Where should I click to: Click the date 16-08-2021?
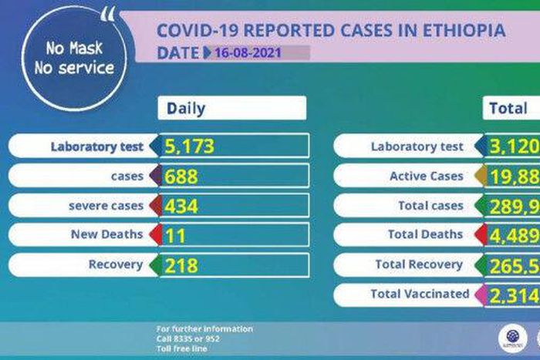click(248, 53)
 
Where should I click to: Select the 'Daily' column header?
click(186, 108)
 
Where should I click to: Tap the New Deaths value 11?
click(175, 236)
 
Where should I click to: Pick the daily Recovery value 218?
click(181, 266)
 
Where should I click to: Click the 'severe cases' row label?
click(116, 206)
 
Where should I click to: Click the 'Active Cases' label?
click(426, 177)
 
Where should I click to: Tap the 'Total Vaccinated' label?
click(419, 294)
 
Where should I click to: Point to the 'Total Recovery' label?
click(419, 264)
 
